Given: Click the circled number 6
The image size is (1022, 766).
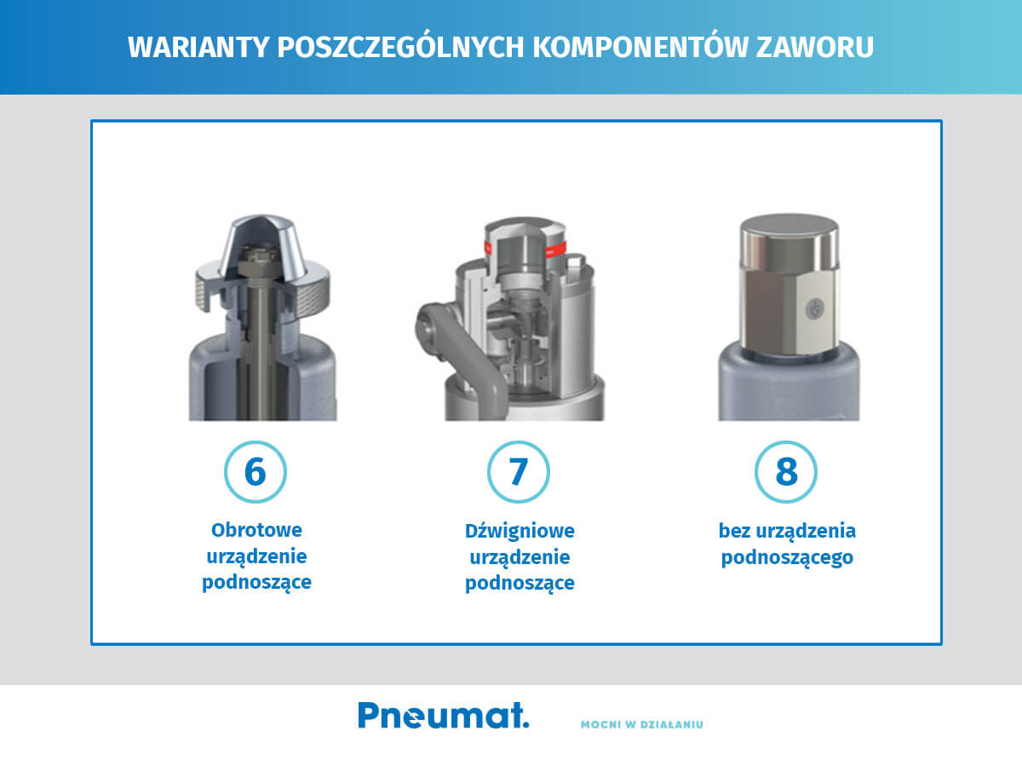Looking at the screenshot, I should click(x=255, y=471).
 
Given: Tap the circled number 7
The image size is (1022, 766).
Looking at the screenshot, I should click(x=519, y=471).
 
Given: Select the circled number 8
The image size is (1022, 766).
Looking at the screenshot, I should click(x=786, y=471).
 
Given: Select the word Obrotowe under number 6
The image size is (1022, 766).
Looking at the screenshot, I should click(x=256, y=530).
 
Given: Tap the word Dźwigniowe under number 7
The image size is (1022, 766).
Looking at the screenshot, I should click(x=520, y=531).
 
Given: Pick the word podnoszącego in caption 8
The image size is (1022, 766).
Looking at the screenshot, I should click(x=787, y=559).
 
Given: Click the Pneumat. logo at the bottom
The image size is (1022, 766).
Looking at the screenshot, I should click(x=443, y=715).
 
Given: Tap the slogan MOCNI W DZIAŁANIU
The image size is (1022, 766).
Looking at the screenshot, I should click(x=642, y=725).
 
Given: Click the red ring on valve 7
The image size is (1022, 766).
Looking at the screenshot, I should click(x=556, y=248).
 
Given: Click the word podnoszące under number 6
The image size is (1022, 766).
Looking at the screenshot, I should click(x=256, y=584).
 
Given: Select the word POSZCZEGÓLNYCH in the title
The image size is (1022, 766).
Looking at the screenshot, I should click(x=399, y=48).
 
